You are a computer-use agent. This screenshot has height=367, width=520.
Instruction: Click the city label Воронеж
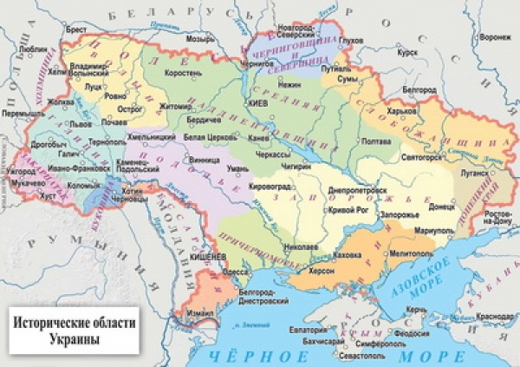coord(495,37)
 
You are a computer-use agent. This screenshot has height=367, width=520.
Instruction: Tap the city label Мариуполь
coord(434,232)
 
